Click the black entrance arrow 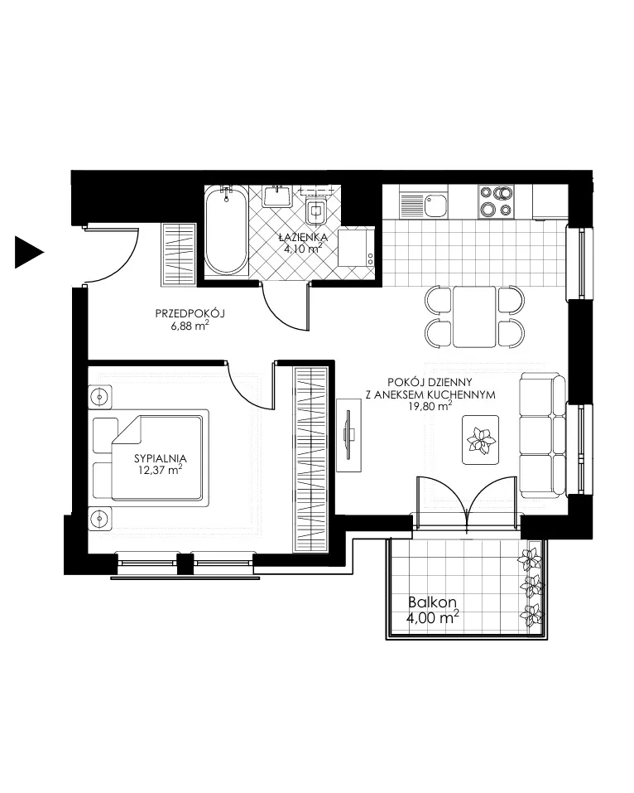29,252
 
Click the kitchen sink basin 435,205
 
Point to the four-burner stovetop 496,201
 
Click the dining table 474,317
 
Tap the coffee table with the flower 480,439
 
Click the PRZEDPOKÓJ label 190,313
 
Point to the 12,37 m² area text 160,471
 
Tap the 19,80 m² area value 430,406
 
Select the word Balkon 432,602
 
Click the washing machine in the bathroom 357,247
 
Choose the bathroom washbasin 277,196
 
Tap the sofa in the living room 543,435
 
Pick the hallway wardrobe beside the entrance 179,254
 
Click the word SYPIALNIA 160,459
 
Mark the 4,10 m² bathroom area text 303,249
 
